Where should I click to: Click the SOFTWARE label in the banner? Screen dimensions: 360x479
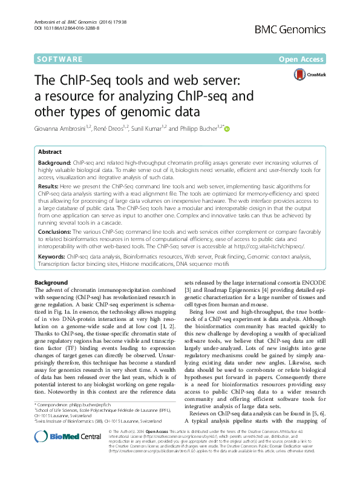pos(60,59)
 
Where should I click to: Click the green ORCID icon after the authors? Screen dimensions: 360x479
pos(229,128)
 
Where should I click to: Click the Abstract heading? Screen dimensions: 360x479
pos(50,152)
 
